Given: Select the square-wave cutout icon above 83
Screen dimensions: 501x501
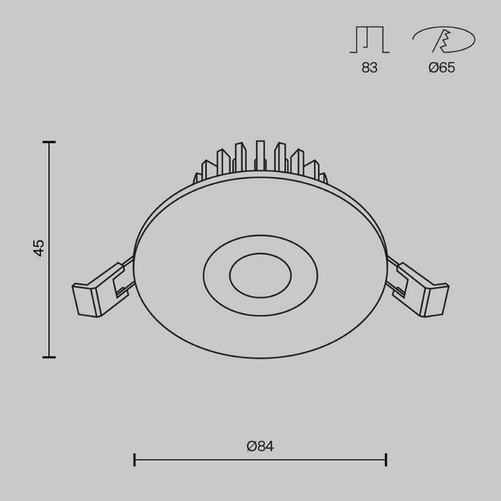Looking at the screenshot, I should [369, 40].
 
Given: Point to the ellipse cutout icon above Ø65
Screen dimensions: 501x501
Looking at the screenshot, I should [443, 40].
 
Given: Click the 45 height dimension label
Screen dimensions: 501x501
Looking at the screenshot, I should [38, 247].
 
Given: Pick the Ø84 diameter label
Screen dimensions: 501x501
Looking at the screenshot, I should [261, 447].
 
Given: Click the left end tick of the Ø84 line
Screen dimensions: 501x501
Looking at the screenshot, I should [134, 459].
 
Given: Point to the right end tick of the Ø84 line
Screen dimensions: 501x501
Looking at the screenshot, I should [386, 459].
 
